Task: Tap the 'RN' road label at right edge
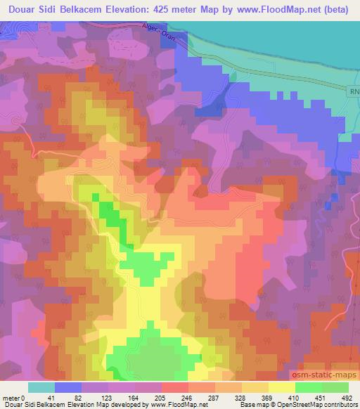pos(354,91)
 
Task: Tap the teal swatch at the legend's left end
pos(41,387)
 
